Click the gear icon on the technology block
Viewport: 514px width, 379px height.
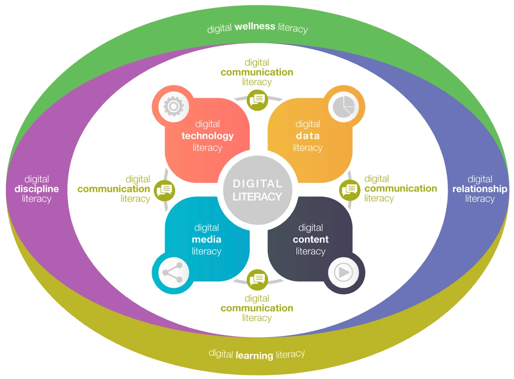tap(174, 106)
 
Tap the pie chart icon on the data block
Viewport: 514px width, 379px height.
tap(343, 107)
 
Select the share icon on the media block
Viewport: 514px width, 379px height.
tap(173, 272)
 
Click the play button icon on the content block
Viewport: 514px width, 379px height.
tap(343, 272)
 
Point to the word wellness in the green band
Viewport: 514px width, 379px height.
tap(255, 26)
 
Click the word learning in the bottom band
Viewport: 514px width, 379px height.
tap(255, 355)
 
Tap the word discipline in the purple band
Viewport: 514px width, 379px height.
tap(37, 189)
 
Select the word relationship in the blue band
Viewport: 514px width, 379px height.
tap(480, 189)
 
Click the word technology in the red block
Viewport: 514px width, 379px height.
tap(208, 136)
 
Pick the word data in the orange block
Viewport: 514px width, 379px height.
tap(308, 136)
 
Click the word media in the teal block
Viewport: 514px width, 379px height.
tap(206, 240)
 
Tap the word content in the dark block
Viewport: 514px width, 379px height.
tap(311, 240)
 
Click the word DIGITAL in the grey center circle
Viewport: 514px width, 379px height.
tap(257, 183)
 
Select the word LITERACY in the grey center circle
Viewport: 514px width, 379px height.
tap(257, 197)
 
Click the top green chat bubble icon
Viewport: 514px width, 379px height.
tap(257, 100)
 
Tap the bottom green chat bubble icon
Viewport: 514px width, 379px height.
tap(257, 280)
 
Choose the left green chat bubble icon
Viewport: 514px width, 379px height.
tap(164, 190)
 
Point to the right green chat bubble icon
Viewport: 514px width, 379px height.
tap(350, 190)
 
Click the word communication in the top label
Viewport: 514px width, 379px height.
tap(257, 72)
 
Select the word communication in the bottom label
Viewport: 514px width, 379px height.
tap(257, 308)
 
